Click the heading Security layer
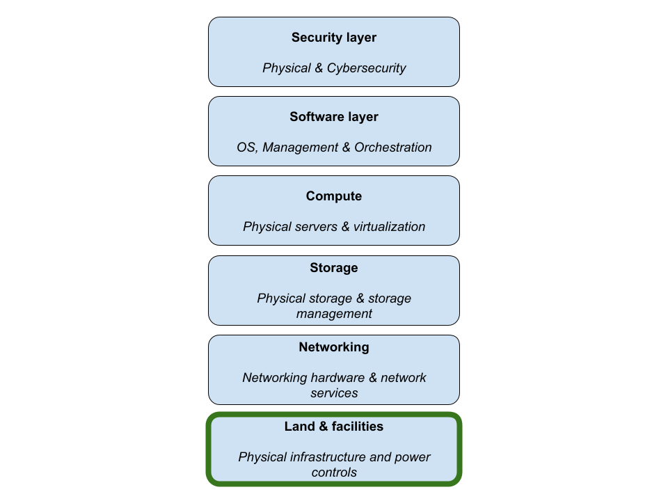[334, 38]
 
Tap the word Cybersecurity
[366, 68]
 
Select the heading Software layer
[334, 117]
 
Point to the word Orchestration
[392, 148]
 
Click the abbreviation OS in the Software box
[246, 148]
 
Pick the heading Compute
[334, 196]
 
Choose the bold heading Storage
[334, 268]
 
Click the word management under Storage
[334, 314]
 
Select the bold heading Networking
[334, 347]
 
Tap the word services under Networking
[334, 393]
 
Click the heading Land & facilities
[334, 427]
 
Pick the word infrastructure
[331, 457]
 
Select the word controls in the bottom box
[334, 472]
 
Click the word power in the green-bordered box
[413, 457]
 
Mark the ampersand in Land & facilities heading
[323, 427]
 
